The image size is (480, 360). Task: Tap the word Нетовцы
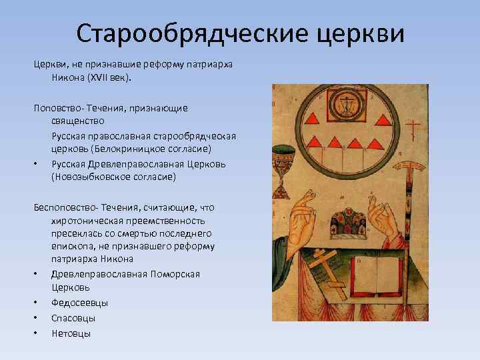[71, 333]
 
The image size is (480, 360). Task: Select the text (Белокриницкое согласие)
[151, 147]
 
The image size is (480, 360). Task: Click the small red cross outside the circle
[414, 128]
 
